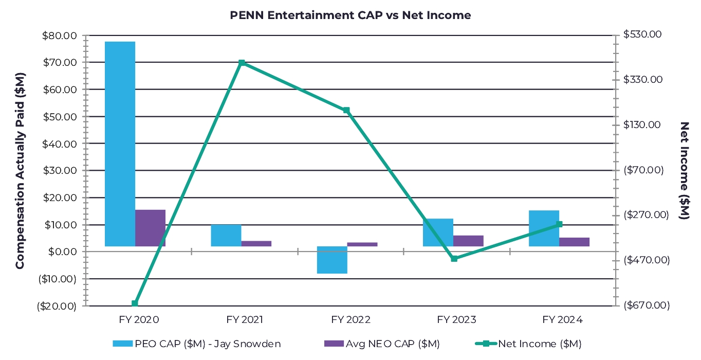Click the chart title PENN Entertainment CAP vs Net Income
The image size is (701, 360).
click(350, 15)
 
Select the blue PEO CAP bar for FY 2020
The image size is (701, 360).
click(120, 143)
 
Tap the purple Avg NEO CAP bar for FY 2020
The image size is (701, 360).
click(150, 228)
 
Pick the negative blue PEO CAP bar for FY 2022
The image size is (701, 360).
click(332, 260)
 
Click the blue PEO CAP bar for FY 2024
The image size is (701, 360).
click(544, 228)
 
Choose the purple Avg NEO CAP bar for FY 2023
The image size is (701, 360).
click(468, 241)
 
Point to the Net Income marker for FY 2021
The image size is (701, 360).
click(242, 63)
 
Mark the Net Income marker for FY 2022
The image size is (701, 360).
click(346, 110)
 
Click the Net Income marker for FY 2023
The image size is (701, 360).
click(454, 259)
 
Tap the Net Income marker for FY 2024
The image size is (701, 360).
click(560, 224)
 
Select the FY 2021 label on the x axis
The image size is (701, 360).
click(245, 319)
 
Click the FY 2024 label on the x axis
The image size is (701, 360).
click(563, 319)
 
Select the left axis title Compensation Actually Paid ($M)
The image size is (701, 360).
click(20, 170)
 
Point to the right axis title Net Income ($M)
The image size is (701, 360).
click(684, 170)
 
